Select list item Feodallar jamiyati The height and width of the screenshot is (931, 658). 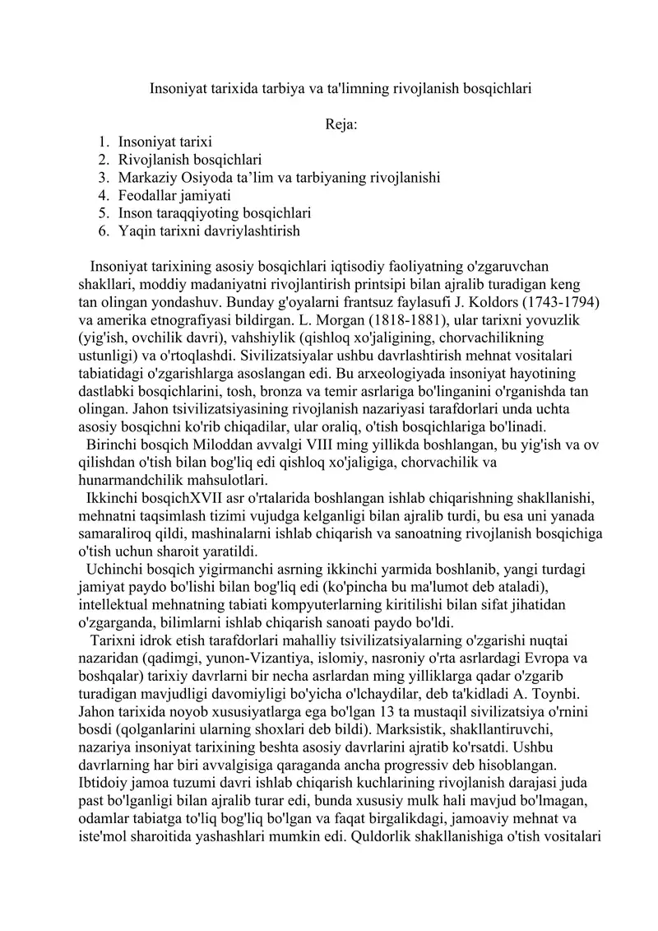click(x=174, y=196)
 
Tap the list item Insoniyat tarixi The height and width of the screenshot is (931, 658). click(x=165, y=142)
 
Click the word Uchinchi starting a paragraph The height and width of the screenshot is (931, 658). click(x=117, y=569)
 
